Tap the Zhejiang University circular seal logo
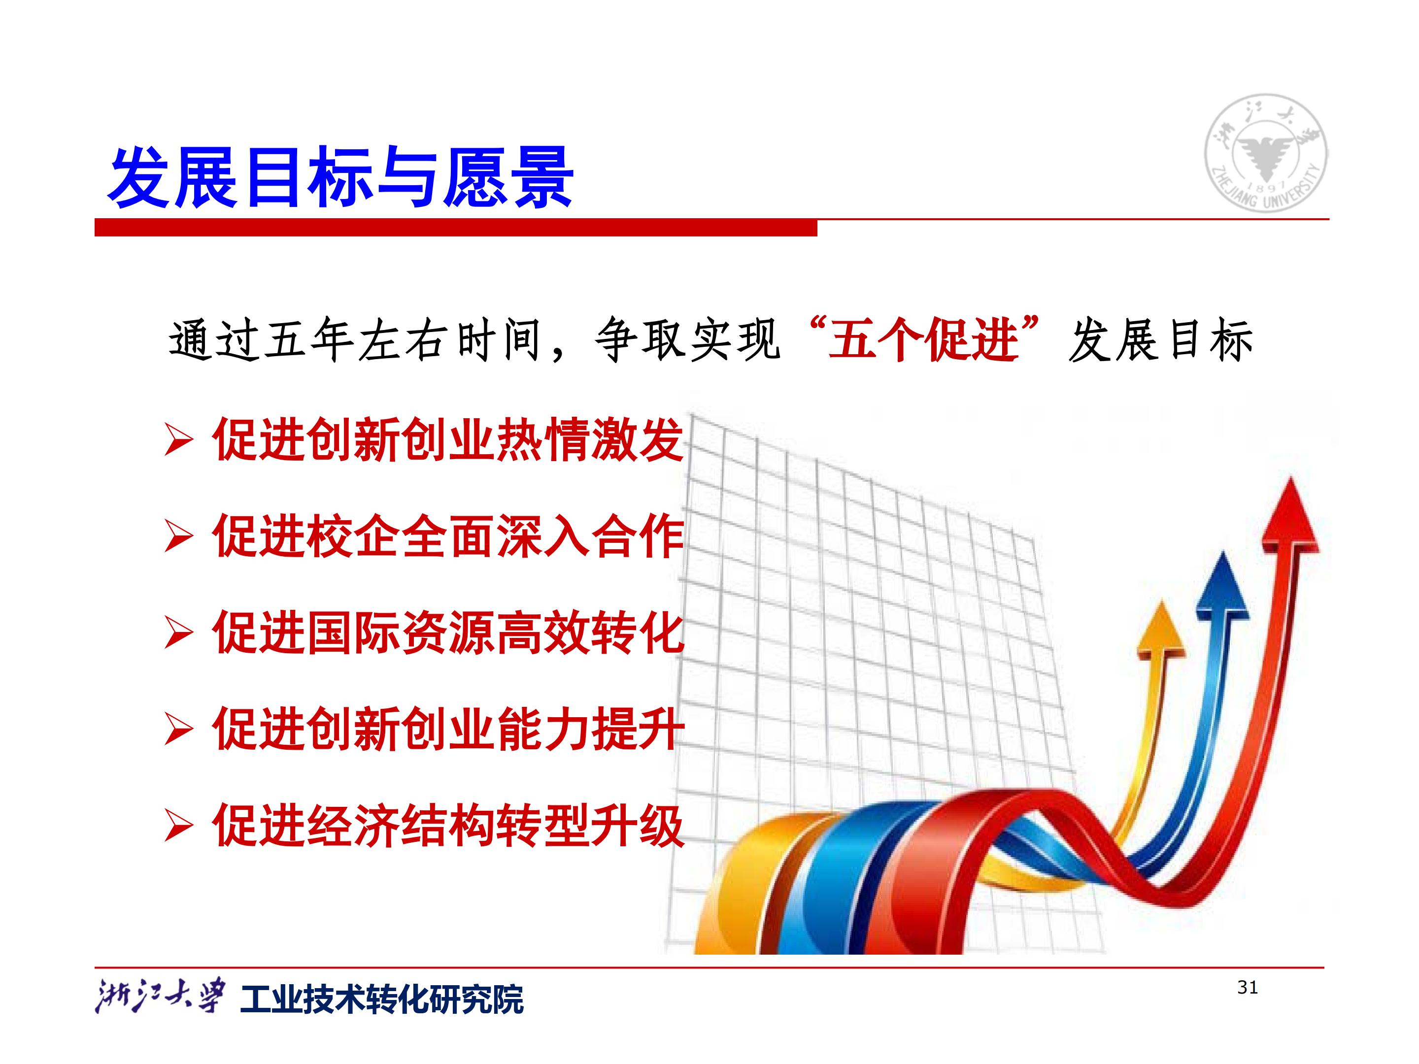(x=1266, y=153)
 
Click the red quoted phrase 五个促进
(x=924, y=339)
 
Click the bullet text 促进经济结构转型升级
(x=448, y=826)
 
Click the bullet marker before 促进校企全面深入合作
(x=178, y=537)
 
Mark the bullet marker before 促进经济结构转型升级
(x=178, y=826)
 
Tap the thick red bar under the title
(x=455, y=228)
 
